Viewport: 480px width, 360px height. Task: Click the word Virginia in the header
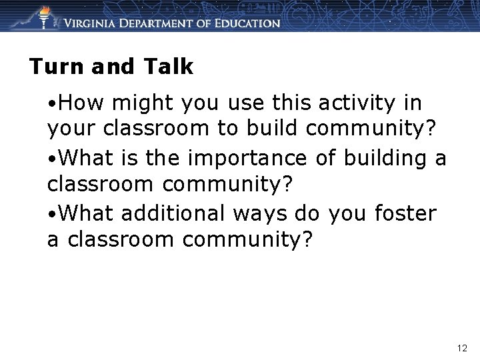pyautogui.click(x=93, y=23)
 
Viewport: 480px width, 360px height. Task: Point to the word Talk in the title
pyautogui.click(x=167, y=67)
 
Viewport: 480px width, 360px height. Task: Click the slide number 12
pyautogui.click(x=463, y=348)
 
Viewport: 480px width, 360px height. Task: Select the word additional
pyautogui.click(x=172, y=214)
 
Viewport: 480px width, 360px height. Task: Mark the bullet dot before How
pyautogui.click(x=51, y=105)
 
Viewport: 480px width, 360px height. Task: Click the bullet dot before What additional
pyautogui.click(x=51, y=215)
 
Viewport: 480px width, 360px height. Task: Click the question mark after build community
pyautogui.click(x=436, y=129)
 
